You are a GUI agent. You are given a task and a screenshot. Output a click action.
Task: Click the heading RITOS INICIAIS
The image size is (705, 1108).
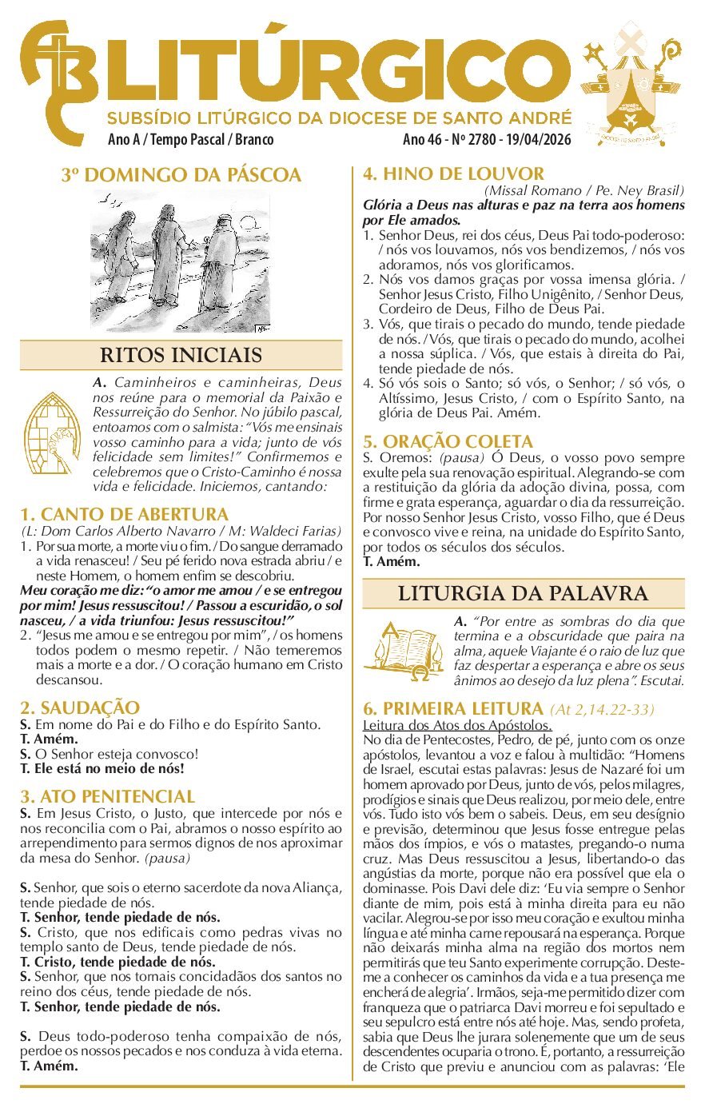181,355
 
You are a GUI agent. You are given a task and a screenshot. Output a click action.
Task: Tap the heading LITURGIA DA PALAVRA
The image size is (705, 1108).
523,593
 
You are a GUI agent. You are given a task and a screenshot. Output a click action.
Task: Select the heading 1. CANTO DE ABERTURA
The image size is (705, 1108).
125,514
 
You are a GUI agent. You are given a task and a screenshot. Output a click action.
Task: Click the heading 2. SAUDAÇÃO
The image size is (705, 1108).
80,707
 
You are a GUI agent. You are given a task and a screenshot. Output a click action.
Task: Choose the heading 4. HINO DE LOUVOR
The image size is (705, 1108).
454,173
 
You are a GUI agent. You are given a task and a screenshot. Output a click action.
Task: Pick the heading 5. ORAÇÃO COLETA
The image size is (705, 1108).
448,441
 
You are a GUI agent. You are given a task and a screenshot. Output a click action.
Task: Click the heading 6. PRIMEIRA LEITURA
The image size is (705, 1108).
453,708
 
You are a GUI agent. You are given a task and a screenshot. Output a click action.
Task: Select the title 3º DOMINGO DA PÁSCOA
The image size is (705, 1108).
181,175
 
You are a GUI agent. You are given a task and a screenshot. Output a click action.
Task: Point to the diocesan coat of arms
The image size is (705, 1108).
632,84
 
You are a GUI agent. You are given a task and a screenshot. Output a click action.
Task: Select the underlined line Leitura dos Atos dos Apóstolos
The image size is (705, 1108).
457,726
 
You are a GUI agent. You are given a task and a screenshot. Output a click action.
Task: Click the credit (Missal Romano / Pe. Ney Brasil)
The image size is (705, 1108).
584,190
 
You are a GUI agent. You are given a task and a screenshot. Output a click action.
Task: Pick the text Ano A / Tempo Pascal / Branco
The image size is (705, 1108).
190,140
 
